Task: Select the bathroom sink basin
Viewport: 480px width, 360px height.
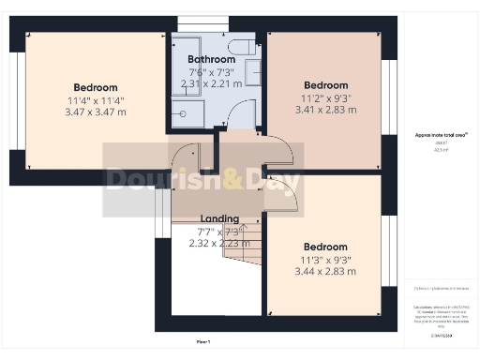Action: (254, 72)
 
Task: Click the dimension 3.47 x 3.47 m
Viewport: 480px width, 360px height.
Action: (96, 112)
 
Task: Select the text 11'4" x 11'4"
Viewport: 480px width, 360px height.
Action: (96, 100)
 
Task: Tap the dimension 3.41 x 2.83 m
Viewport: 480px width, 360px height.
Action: (324, 109)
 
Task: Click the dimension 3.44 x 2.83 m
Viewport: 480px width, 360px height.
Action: (328, 272)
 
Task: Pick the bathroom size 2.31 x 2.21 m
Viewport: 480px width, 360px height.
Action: (211, 83)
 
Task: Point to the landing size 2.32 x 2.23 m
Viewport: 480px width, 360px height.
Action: (220, 243)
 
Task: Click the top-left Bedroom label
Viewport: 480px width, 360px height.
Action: (96, 87)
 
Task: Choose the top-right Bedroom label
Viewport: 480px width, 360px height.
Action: (324, 85)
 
